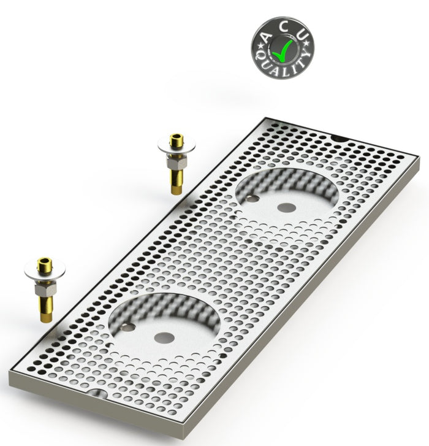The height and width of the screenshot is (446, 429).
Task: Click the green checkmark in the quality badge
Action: [x=282, y=51]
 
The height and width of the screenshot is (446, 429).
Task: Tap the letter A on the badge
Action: [x=265, y=37]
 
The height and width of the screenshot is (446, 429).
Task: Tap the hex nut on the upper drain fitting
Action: [x=176, y=163]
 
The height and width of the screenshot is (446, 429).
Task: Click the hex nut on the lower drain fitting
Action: [x=45, y=290]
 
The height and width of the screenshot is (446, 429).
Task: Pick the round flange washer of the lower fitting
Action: [x=45, y=271]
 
